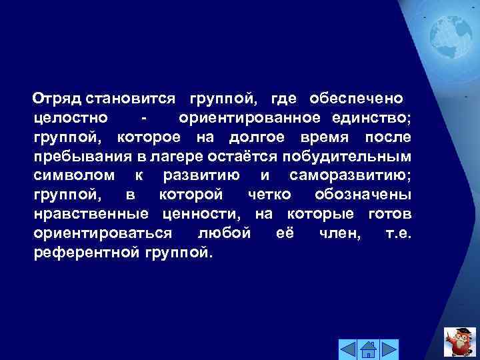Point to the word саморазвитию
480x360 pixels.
pyautogui.click(x=351, y=176)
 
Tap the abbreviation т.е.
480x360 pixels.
pyautogui.click(x=398, y=234)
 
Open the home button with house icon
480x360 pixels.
pyautogui.click(x=368, y=348)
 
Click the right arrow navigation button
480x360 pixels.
pyautogui.click(x=389, y=348)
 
